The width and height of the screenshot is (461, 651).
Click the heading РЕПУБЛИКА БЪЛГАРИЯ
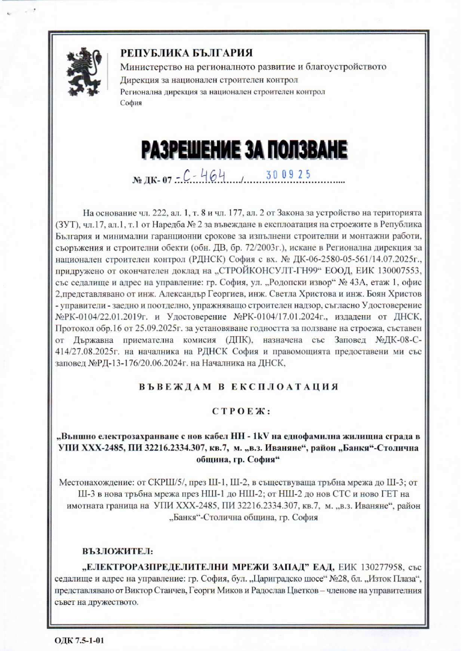click(187, 53)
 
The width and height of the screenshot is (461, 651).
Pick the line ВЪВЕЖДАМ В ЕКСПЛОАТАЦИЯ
click(238, 387)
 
